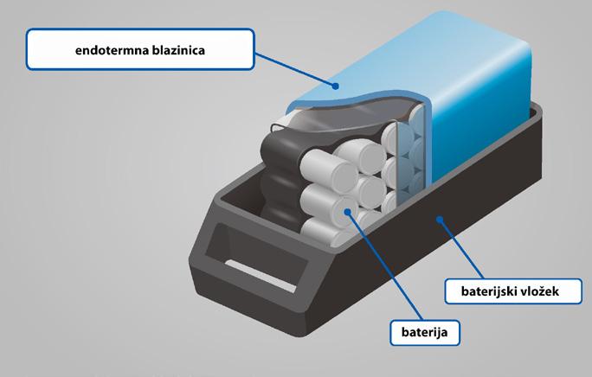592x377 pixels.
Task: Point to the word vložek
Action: click(x=540, y=291)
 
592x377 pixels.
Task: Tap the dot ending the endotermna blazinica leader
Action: click(x=335, y=84)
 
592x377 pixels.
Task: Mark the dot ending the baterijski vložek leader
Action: click(x=442, y=220)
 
